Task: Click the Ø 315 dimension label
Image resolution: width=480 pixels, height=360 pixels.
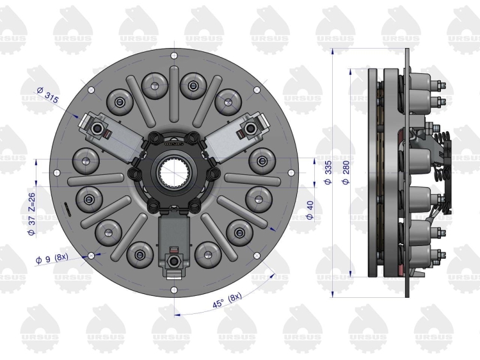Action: click(x=47, y=95)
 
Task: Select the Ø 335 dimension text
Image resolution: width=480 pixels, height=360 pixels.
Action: click(x=328, y=172)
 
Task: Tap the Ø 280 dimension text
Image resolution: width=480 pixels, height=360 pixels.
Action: click(x=346, y=172)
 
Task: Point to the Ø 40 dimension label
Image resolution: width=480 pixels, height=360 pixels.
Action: click(x=310, y=210)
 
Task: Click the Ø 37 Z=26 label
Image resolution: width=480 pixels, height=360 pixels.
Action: click(x=31, y=214)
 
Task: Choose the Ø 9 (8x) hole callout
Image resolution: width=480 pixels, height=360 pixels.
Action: click(x=52, y=259)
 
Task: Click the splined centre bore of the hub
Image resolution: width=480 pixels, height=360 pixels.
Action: click(x=174, y=172)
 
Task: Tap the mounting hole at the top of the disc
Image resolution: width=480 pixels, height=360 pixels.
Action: click(x=174, y=56)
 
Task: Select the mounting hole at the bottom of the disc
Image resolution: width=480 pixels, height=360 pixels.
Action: click(x=174, y=290)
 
